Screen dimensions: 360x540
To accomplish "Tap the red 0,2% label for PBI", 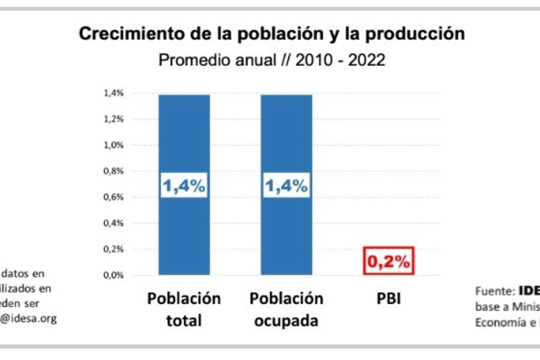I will [388, 262].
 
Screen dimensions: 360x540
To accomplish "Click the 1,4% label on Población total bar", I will [184, 186].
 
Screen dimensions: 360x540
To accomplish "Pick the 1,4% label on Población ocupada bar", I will [286, 186].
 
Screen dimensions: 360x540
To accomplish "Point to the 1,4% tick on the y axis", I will [114, 93].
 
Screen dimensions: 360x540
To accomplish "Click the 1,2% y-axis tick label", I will [114, 119].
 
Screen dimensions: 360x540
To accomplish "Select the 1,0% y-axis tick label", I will [114, 145].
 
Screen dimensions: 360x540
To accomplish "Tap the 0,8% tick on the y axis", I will [114, 171].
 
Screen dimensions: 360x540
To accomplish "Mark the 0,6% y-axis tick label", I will [114, 197].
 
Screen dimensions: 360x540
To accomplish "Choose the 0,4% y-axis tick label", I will [114, 223].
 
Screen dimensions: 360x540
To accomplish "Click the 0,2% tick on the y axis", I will [114, 249].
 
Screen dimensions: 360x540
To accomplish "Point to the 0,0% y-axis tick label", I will [114, 275].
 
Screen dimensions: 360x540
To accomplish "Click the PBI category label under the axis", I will [389, 299].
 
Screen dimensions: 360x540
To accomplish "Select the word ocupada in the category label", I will [286, 322].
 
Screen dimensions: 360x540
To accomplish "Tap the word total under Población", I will [184, 322].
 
